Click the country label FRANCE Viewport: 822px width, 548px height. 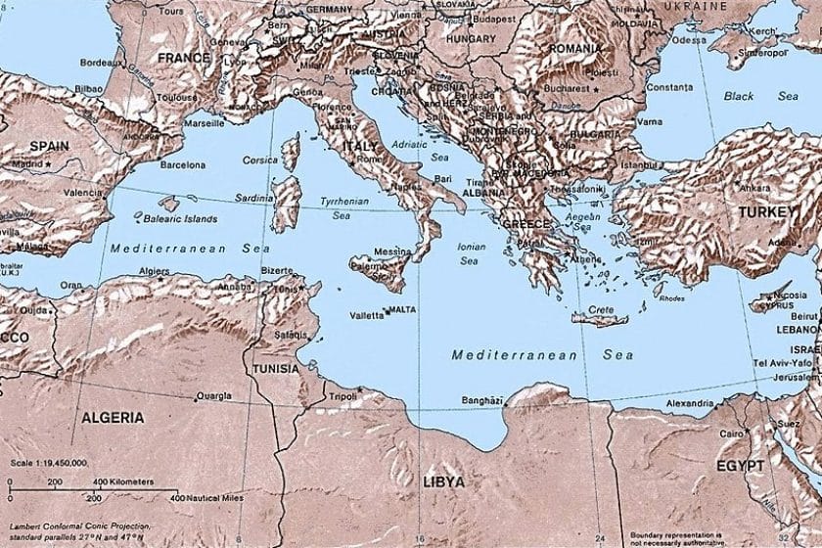click(184, 58)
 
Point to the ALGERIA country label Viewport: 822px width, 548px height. click(113, 417)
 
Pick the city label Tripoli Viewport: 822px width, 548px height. click(342, 396)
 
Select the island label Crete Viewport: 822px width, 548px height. click(601, 309)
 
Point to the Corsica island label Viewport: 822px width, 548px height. click(260, 159)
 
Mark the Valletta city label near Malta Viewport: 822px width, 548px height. click(366, 316)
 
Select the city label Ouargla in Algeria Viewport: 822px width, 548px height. click(213, 396)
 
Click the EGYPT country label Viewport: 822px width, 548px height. click(739, 466)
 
